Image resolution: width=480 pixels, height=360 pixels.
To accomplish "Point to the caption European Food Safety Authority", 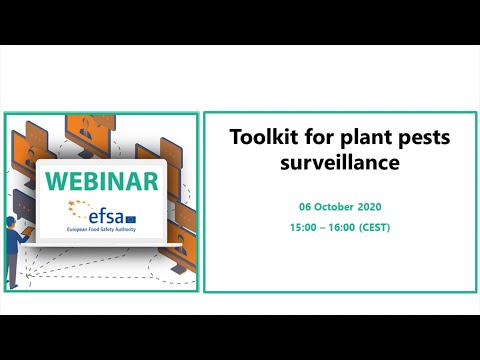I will (x=101, y=230).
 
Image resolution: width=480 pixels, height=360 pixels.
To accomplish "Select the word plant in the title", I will (x=341, y=137).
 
